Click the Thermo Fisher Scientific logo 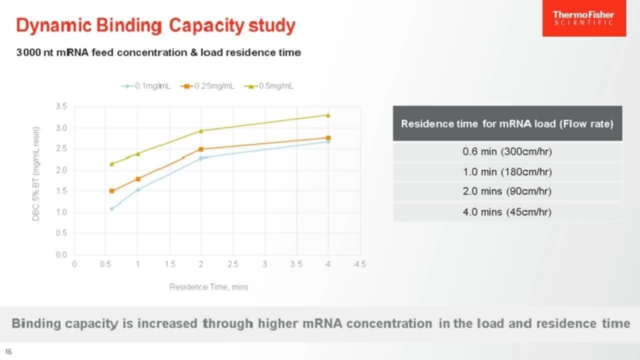pos(583,18)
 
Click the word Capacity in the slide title pos(206,25)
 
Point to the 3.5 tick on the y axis pos(61,106)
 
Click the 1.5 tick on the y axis pos(61,191)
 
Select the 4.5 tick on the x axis pos(360,264)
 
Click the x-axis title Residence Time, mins pos(208,287)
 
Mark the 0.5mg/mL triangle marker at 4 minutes pos(328,115)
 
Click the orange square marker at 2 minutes pos(201,149)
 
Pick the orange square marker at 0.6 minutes pos(112,191)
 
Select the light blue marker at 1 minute pos(138,189)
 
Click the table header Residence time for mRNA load pos(507,124)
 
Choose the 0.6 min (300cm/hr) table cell pos(507,151)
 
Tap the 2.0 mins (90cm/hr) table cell pos(507,191)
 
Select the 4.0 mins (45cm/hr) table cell pos(507,212)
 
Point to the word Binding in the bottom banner pos(39,323)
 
